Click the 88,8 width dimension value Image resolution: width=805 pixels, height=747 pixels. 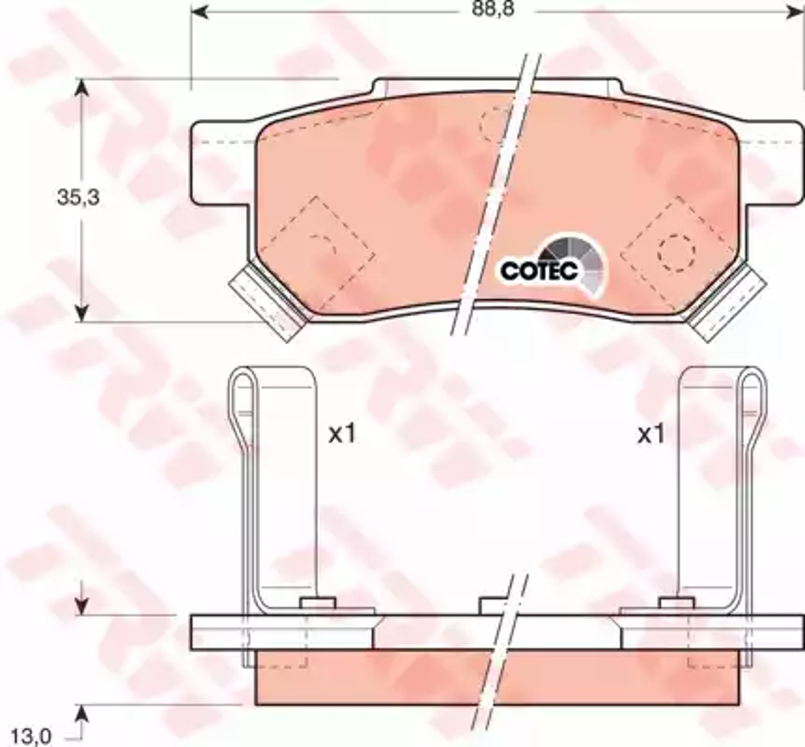pos(493,9)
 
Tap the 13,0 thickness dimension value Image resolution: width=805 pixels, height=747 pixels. pos(31,737)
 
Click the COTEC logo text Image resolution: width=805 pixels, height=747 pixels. pos(539,270)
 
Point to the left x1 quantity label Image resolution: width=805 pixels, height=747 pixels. pos(342,434)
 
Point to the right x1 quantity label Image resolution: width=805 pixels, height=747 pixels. pos(651,434)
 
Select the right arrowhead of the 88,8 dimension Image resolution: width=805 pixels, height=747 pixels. pos(795,13)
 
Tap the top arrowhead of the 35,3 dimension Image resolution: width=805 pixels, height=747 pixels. pos(82,87)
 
